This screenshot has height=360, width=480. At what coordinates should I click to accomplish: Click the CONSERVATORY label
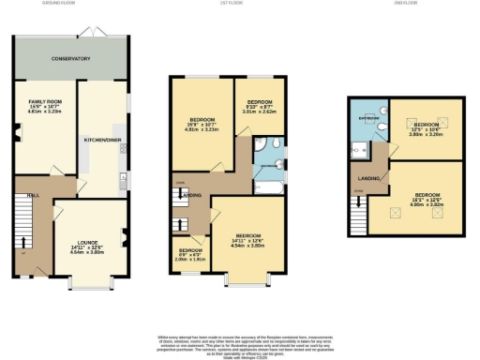tap(70, 58)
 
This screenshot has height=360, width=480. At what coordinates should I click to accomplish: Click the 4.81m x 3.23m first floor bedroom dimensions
tap(203, 130)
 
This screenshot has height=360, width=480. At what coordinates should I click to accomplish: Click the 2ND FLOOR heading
tap(407, 4)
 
